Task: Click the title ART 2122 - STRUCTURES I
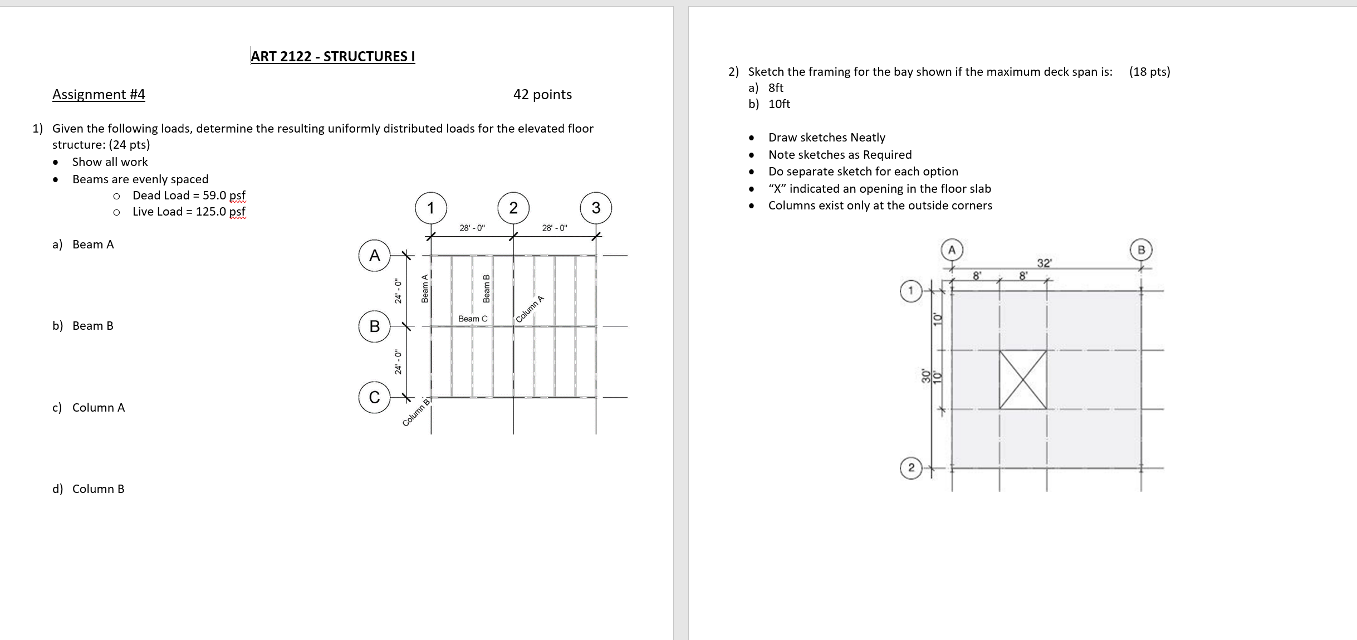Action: click(332, 56)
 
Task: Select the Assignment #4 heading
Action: click(99, 94)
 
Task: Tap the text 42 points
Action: click(542, 94)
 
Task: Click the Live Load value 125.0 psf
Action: click(221, 212)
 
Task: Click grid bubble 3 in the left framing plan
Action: click(596, 208)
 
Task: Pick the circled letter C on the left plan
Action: click(374, 397)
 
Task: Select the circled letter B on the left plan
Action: click(374, 326)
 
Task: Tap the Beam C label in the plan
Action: click(472, 319)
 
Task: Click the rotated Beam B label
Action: click(486, 289)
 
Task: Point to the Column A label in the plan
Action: click(530, 309)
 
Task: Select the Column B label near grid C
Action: click(417, 412)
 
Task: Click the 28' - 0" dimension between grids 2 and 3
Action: click(555, 228)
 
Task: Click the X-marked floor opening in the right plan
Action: click(1022, 379)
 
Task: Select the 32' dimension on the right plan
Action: click(1044, 263)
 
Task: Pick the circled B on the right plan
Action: click(1141, 250)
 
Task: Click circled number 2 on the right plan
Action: click(910, 468)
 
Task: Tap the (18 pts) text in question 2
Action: click(1149, 71)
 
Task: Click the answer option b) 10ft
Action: click(770, 104)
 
